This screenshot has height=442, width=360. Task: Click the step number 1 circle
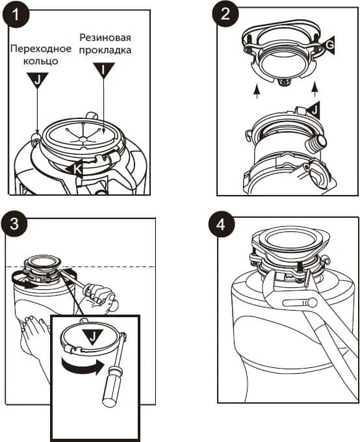(16, 14)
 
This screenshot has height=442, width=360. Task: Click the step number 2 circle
(225, 14)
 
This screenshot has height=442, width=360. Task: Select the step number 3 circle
(14, 224)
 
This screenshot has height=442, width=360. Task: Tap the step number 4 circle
(222, 225)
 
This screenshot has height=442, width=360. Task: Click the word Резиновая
(105, 38)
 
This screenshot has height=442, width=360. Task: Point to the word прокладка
(105, 50)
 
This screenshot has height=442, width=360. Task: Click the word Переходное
(41, 49)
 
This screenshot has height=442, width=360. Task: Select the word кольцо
(41, 61)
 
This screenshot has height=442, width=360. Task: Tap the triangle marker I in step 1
(104, 70)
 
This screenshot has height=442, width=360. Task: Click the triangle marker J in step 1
(38, 79)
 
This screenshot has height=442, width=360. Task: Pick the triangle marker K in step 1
(75, 169)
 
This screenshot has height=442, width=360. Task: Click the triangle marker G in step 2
(328, 45)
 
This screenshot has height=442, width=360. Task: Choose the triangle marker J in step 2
(313, 110)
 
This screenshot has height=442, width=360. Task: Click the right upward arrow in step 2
(315, 90)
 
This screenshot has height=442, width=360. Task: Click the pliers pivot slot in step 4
(300, 304)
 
